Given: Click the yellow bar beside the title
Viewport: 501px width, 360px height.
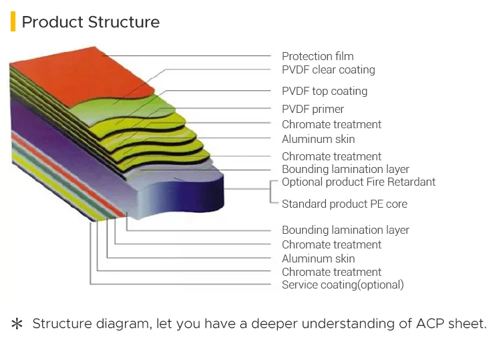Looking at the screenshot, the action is click(x=13, y=21).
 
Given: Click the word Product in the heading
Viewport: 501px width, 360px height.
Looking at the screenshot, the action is click(x=52, y=22).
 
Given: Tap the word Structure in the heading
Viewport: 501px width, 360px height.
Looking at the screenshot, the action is click(x=124, y=22).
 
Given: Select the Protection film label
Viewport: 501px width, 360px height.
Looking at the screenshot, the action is click(x=317, y=56).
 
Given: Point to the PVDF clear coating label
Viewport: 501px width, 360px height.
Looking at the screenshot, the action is click(x=329, y=70).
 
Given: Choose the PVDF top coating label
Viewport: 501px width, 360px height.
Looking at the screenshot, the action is click(x=325, y=92).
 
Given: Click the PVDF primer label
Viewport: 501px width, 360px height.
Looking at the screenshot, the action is click(x=313, y=110).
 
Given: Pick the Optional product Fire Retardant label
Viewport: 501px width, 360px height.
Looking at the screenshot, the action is click(x=359, y=182).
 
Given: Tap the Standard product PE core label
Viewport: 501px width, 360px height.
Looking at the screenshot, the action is click(x=345, y=204).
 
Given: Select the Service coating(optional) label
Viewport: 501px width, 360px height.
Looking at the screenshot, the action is click(x=343, y=285).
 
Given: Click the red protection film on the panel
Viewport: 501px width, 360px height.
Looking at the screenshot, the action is click(x=83, y=77).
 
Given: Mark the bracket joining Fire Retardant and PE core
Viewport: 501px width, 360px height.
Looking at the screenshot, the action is click(x=271, y=192).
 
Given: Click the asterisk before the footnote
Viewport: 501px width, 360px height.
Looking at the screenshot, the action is click(x=17, y=324).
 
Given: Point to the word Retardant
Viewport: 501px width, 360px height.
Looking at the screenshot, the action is click(x=411, y=182).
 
